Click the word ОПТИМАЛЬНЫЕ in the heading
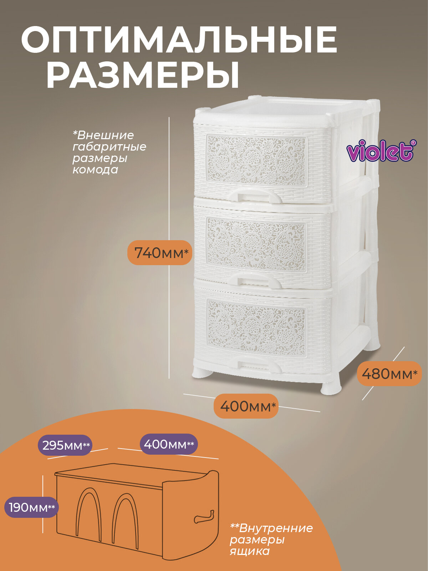coord(179,40)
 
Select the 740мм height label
coord(160,253)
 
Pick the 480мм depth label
coord(389,373)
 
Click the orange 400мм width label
coord(246,406)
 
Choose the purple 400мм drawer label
coord(168,444)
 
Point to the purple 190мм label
coord(31,507)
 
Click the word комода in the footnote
coord(95,170)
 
